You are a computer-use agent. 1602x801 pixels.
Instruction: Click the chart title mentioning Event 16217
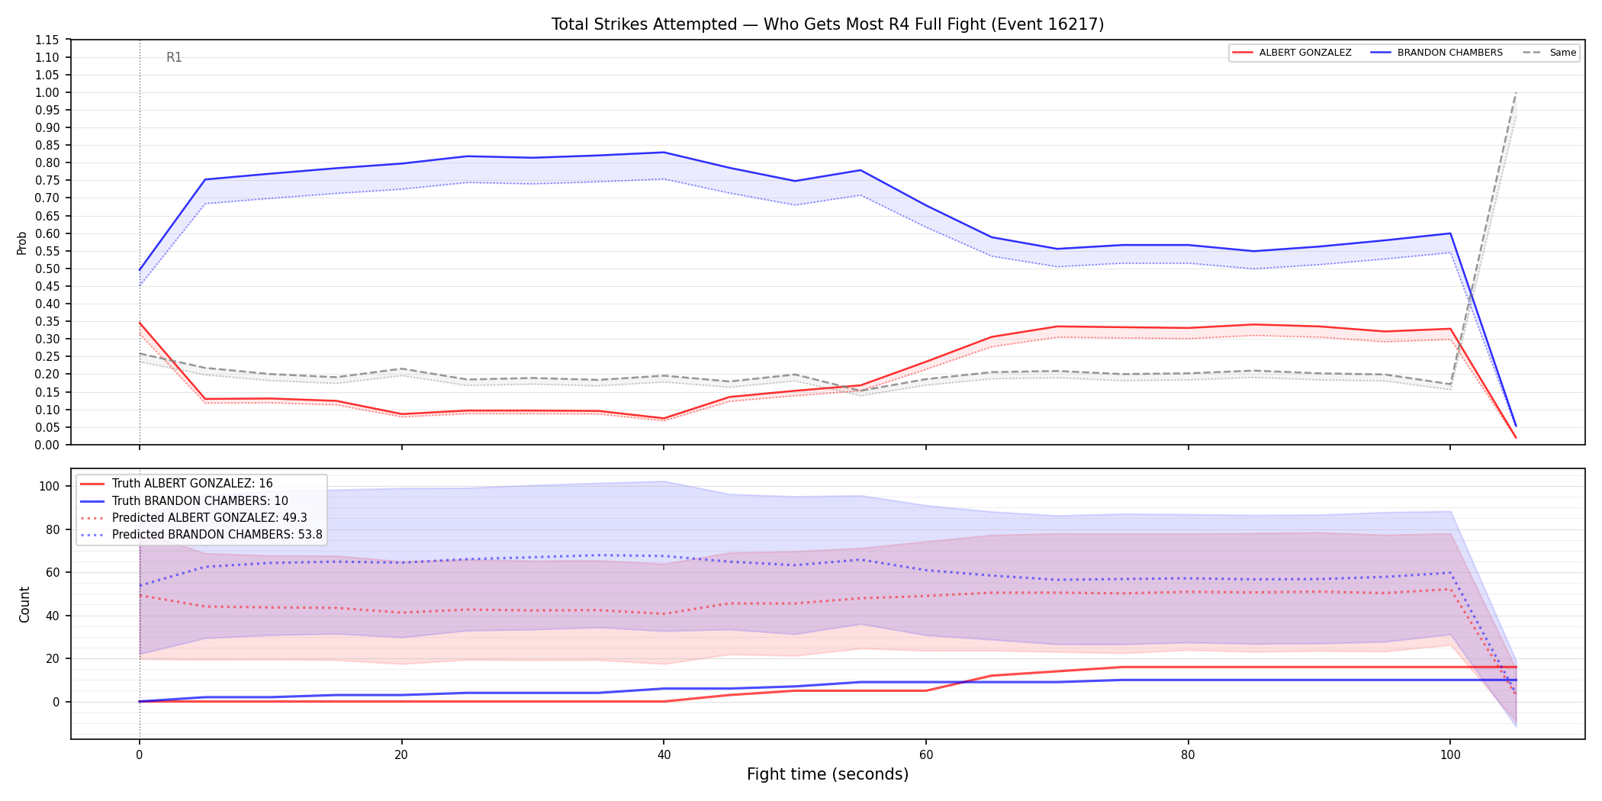[x=828, y=24]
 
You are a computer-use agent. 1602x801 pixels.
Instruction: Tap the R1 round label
[x=174, y=57]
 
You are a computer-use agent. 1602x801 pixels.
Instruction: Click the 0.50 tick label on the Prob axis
[x=47, y=269]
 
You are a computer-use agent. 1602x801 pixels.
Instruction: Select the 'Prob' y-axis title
[x=22, y=243]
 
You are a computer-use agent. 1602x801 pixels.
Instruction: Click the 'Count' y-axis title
[x=24, y=604]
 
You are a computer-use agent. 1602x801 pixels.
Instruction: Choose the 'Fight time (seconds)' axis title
[x=828, y=774]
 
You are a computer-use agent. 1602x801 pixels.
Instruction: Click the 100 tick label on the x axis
[x=1449, y=755]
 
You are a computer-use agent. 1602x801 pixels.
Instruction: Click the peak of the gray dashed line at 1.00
[x=1516, y=92]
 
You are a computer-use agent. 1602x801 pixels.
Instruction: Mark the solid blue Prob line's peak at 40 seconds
[x=664, y=153]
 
